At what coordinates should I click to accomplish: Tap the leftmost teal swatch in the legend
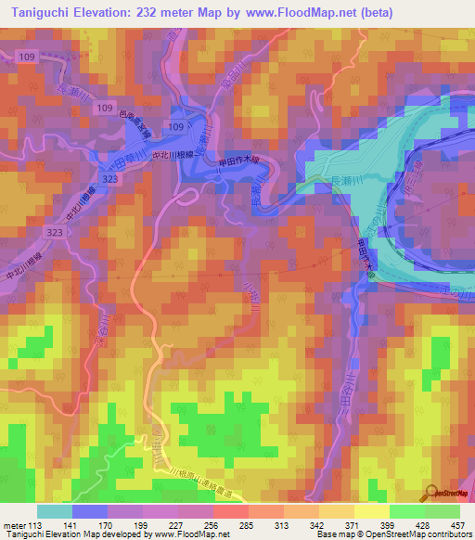tap(55, 511)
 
